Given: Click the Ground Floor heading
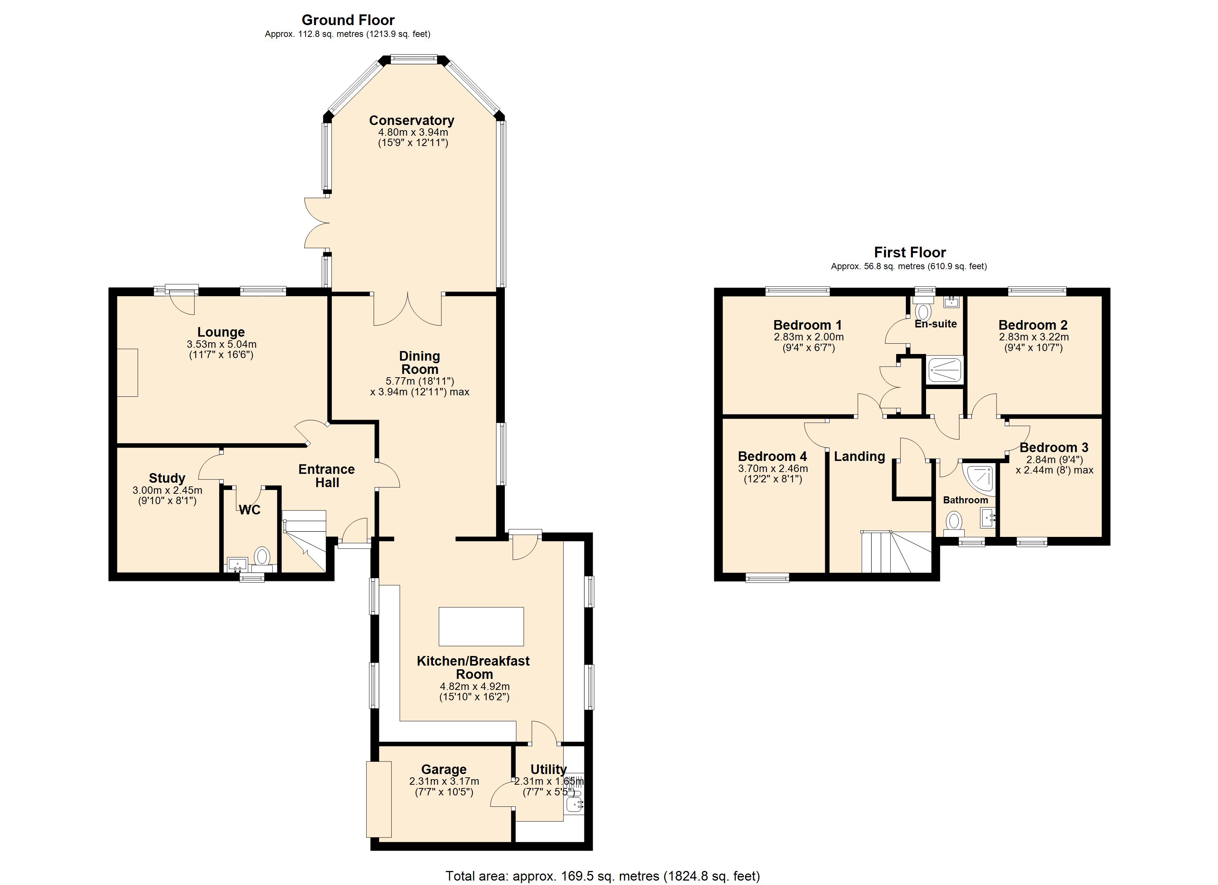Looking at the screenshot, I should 348,20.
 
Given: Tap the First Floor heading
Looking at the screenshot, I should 910,252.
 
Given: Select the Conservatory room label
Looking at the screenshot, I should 412,121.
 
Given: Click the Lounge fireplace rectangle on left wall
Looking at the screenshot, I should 128,373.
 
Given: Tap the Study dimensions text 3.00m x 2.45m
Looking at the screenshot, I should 167,490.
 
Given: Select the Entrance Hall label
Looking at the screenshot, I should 327,476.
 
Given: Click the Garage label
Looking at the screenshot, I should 444,769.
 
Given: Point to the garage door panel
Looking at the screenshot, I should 379,799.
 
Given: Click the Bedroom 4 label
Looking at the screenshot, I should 772,456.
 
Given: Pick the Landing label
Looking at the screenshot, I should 859,456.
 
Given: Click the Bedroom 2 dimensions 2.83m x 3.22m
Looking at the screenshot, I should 1033,337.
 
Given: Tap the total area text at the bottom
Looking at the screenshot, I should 603,876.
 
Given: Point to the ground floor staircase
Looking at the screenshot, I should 304,539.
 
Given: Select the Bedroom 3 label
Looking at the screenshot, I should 1054,447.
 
